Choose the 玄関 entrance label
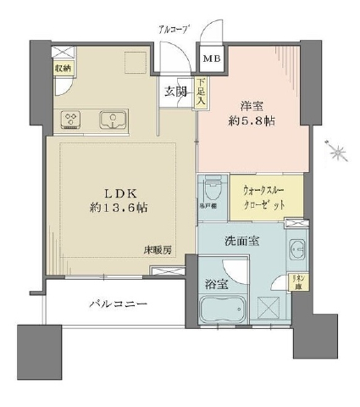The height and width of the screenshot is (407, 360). tap(176, 91)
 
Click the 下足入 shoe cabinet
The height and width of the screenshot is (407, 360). tap(201, 91)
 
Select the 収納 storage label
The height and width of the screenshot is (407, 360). tap(64, 68)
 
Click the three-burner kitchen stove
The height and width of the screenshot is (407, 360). tap(69, 120)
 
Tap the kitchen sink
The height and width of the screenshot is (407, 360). tap(112, 120)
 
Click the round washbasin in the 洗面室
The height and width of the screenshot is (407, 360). tap(296, 250)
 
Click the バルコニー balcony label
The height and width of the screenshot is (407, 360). tap(118, 303)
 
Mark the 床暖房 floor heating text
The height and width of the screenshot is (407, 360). tap(158, 251)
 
